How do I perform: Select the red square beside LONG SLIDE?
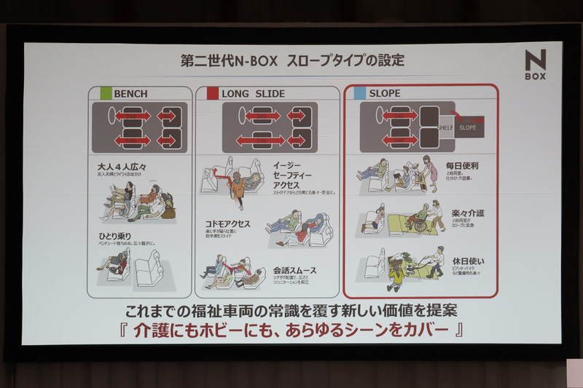coord(212,93)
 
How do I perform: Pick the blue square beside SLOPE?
coord(359,93)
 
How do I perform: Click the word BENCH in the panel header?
coord(130,94)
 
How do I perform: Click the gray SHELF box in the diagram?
coord(446,127)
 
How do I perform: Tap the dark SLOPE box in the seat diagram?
coord(468,127)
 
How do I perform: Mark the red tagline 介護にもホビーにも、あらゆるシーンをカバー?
coord(292,330)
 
